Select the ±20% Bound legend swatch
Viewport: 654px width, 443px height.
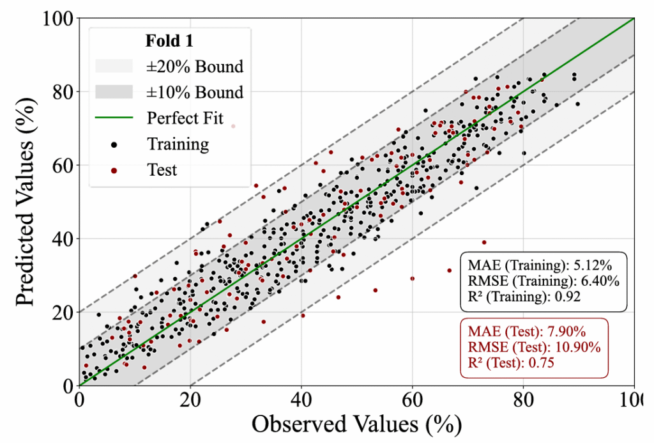click(114, 66)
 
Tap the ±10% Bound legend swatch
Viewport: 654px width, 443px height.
click(114, 92)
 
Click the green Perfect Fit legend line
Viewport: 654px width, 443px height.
click(114, 118)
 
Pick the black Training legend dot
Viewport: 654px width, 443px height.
click(114, 144)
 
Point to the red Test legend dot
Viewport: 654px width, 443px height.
click(114, 170)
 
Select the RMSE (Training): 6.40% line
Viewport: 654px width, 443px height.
click(544, 281)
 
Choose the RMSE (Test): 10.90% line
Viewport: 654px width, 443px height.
click(535, 348)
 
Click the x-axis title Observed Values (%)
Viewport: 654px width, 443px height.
click(356, 424)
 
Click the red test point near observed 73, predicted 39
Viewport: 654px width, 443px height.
click(484, 242)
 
